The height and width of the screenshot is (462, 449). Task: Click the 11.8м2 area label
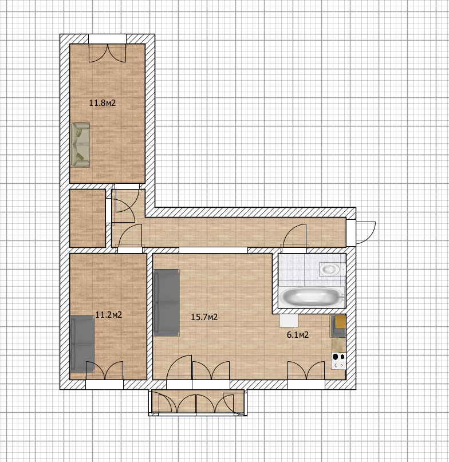(103, 103)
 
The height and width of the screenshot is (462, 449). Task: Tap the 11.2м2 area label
(108, 315)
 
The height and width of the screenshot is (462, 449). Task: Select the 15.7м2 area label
(204, 317)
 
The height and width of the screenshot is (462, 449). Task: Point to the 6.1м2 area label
(298, 335)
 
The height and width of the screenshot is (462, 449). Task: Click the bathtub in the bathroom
(312, 297)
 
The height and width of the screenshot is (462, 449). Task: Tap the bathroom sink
(330, 268)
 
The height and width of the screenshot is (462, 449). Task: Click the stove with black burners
(338, 360)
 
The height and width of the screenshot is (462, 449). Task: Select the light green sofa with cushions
(80, 145)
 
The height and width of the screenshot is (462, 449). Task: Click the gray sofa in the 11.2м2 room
(82, 344)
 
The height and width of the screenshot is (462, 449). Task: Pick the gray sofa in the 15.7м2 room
(167, 303)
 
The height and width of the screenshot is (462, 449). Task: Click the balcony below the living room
(198, 402)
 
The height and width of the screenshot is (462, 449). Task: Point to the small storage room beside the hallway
(88, 218)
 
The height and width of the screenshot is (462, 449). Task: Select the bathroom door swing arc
(294, 235)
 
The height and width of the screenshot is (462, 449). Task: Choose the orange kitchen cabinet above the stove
(341, 322)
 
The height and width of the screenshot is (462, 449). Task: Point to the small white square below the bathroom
(289, 320)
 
